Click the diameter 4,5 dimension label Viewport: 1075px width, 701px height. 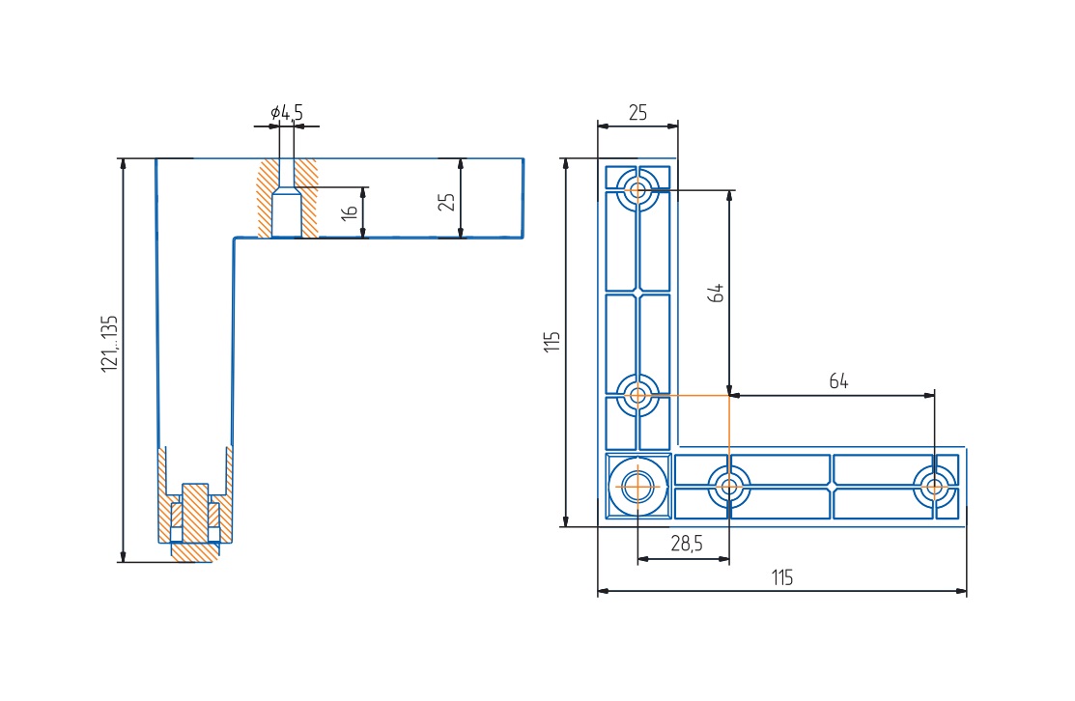pyautogui.click(x=287, y=113)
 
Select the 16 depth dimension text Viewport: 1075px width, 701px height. pyautogui.click(x=351, y=211)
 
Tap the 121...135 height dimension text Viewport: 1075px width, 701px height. pyautogui.click(x=109, y=343)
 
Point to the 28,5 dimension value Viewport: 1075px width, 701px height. pyautogui.click(x=686, y=544)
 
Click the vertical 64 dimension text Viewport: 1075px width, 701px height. pyautogui.click(x=716, y=292)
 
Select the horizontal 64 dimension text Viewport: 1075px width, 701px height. pyautogui.click(x=838, y=381)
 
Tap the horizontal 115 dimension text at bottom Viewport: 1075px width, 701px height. pyautogui.click(x=781, y=577)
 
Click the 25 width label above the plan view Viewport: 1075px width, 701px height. pyautogui.click(x=637, y=112)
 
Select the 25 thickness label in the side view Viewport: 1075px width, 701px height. pyautogui.click(x=446, y=201)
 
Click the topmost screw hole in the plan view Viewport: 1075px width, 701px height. pyautogui.click(x=637, y=189)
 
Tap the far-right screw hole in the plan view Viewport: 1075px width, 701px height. pyautogui.click(x=934, y=486)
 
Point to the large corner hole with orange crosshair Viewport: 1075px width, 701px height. pyautogui.click(x=637, y=486)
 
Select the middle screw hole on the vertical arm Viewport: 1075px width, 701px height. pyautogui.click(x=637, y=395)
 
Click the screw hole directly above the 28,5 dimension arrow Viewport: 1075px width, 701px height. pyautogui.click(x=729, y=486)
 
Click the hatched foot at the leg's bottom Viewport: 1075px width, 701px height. pyautogui.click(x=193, y=551)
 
